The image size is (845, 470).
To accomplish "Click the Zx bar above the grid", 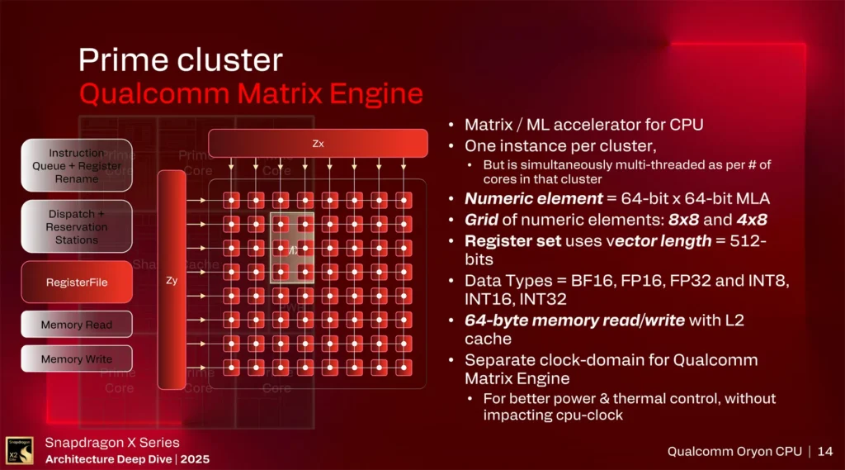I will (318, 143).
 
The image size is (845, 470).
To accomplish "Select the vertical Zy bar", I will (172, 280).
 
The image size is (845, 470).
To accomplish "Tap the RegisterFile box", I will (77, 282).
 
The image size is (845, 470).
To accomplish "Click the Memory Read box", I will (77, 325).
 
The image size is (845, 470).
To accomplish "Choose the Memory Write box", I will (77, 359).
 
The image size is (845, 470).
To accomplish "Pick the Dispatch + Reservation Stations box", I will (77, 226).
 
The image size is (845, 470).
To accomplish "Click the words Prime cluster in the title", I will (180, 60).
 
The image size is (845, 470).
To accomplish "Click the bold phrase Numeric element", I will (522, 198).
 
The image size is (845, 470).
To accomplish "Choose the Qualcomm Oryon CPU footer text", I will (732, 451).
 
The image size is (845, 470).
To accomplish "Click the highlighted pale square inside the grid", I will (292, 248).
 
